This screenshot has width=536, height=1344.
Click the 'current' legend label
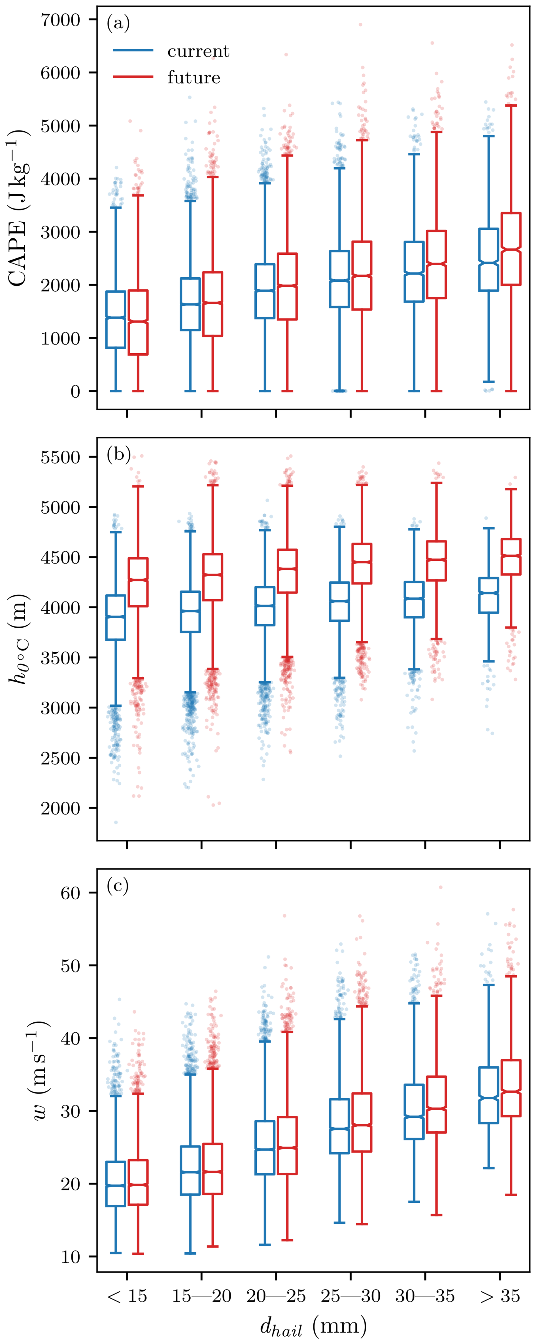198,51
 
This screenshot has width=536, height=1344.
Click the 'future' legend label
193,78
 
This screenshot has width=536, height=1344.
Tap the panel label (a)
118,24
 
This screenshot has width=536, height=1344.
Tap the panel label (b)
118,454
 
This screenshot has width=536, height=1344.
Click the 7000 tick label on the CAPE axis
60,20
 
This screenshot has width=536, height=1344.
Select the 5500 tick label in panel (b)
60,457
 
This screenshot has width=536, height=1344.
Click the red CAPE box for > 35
511,249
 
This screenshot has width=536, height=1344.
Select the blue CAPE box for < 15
116,319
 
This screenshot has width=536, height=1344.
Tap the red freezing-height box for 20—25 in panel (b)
287,571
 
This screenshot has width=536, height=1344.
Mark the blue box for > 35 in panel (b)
489,595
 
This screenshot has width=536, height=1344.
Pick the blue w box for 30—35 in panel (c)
414,1112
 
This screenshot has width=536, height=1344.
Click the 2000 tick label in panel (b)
60,808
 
